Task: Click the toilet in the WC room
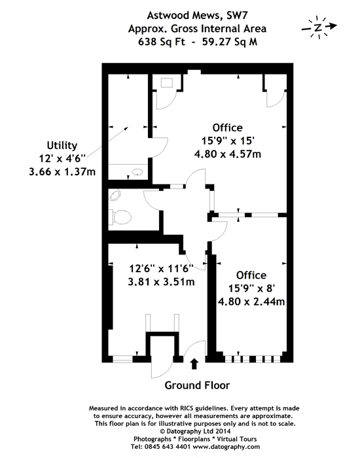tap(120, 217)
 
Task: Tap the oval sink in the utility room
tap(137, 172)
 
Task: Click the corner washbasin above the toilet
tap(115, 196)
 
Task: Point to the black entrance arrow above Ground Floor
tap(194, 364)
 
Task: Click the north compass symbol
tap(319, 27)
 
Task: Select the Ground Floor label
tap(197, 385)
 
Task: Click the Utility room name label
tap(62, 145)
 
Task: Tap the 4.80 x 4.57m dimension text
tap(228, 154)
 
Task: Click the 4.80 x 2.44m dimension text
tap(251, 301)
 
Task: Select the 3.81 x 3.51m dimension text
tap(161, 281)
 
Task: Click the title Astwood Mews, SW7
tap(198, 15)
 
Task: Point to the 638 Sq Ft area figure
tap(162, 42)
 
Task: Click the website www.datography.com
tap(226, 447)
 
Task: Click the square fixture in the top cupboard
tap(167, 82)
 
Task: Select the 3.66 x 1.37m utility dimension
tap(62, 171)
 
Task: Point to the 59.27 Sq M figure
tap(230, 42)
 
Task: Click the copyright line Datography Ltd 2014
tap(195, 431)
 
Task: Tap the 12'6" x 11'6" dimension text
tap(161, 268)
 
